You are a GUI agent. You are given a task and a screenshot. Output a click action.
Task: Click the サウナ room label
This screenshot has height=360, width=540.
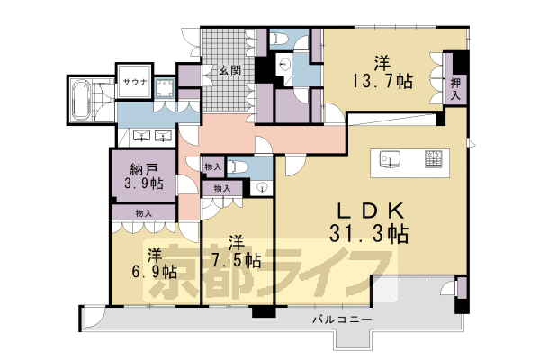click(135, 82)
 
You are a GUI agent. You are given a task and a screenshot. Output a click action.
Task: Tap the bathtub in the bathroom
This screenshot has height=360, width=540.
click(81, 100)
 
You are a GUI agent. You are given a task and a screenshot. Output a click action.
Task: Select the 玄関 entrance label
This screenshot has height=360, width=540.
click(230, 70)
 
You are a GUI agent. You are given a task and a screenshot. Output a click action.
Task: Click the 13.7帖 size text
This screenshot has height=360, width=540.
click(382, 82)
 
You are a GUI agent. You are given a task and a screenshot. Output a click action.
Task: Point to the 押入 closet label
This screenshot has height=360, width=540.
click(455, 88)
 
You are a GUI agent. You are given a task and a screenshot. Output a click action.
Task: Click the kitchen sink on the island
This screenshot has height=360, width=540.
click(390, 160)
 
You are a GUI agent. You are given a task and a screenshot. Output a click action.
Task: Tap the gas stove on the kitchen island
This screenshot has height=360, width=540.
click(434, 159)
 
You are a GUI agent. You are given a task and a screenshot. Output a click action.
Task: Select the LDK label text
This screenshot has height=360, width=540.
click(371, 211)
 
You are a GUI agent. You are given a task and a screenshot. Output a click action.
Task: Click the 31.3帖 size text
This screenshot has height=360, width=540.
click(369, 235)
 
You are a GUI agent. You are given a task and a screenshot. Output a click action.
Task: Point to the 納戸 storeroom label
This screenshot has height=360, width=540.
click(144, 169)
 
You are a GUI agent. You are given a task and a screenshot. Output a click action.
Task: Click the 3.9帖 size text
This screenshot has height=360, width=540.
click(144, 184)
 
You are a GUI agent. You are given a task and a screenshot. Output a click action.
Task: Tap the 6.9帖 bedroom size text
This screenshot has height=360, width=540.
click(155, 272)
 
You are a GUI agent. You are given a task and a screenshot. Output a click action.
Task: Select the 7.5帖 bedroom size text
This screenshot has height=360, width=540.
click(236, 261)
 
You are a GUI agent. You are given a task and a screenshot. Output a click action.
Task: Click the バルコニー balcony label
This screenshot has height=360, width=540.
click(342, 319)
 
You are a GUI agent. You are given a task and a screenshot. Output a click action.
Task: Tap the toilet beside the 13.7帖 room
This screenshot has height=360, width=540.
click(279, 39)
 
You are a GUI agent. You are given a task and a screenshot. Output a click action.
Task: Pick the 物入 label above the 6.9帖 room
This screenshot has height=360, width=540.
click(144, 213)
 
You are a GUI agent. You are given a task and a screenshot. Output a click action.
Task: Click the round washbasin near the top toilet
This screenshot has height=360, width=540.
click(283, 64)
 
